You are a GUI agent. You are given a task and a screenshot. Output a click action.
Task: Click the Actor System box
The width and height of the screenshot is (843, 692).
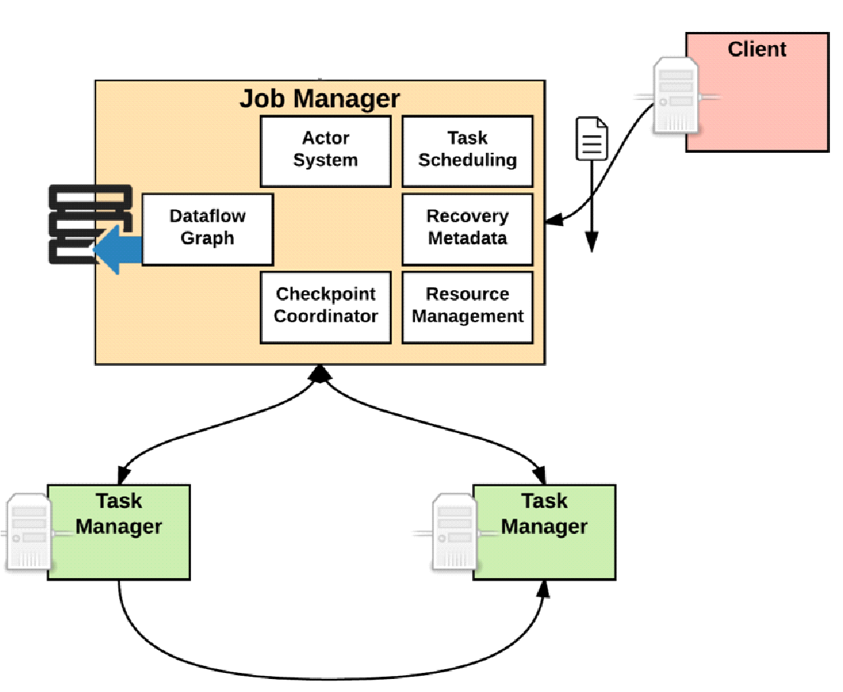[326, 151]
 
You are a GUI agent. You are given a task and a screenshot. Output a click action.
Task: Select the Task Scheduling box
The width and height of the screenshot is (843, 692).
[468, 151]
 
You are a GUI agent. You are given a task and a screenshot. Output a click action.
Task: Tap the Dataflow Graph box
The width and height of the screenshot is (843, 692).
[208, 229]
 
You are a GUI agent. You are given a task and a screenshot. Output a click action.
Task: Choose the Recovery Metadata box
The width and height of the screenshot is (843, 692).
[468, 229]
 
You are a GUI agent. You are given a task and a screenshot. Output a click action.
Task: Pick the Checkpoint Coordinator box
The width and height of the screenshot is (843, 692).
[326, 307]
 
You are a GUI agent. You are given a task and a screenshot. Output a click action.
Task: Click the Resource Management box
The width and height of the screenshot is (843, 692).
[468, 307]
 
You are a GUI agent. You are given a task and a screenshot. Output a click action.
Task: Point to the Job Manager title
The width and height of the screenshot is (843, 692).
[320, 99]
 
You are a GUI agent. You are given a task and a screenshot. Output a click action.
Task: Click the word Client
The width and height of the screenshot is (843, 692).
[757, 50]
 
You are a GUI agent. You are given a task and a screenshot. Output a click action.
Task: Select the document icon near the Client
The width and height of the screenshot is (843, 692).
[592, 138]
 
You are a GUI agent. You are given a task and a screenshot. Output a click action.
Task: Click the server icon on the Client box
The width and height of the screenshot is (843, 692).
[676, 95]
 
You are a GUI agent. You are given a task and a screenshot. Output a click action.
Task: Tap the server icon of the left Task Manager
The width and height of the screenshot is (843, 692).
[29, 532]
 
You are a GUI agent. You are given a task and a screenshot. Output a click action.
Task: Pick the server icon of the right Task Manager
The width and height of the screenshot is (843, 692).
[455, 532]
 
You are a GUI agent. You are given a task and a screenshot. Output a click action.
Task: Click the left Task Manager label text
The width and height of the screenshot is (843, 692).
[118, 514]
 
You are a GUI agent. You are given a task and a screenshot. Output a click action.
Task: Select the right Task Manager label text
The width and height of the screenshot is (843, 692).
[544, 514]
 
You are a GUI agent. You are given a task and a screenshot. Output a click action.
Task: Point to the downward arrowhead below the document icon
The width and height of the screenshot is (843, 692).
[592, 242]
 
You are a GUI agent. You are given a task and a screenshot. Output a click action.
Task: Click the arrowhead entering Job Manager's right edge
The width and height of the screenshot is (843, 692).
[554, 219]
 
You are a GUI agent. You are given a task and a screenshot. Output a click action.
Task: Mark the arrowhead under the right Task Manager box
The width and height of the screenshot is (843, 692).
[544, 590]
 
